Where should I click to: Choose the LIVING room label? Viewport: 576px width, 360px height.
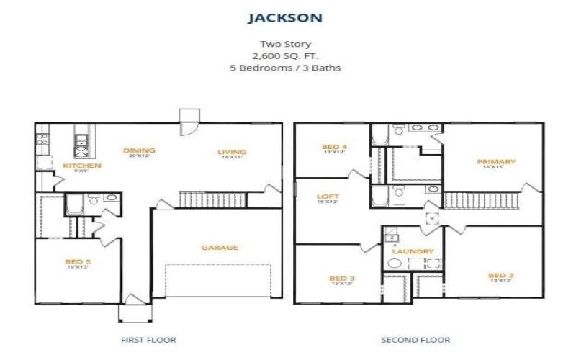[233, 152]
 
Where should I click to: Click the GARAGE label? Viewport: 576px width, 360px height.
[220, 248]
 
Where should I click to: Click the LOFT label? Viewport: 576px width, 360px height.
[328, 196]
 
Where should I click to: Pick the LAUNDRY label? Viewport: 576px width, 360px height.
[413, 252]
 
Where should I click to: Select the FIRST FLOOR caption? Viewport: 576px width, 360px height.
[149, 339]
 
